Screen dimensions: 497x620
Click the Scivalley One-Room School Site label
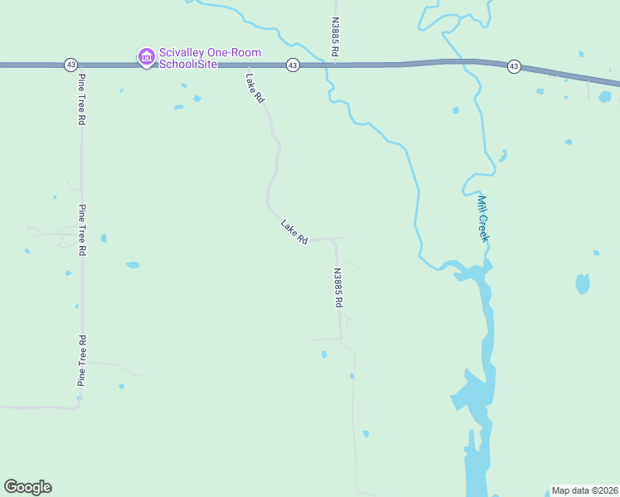210,58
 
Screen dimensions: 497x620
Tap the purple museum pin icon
146,57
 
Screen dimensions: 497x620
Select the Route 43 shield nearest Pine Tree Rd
71,65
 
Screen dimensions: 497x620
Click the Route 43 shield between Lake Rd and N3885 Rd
293,65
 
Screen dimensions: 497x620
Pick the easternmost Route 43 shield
514,66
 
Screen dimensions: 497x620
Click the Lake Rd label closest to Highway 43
254,89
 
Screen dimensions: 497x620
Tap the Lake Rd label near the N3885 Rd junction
294,231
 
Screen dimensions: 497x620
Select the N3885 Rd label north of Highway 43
335,37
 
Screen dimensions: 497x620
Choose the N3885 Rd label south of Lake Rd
338,287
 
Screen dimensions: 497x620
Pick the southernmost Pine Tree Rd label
82,360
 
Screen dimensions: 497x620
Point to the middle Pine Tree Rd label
82,229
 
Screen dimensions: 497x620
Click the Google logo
27,487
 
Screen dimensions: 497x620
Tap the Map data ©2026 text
584,490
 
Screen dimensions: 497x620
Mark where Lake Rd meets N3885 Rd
335,239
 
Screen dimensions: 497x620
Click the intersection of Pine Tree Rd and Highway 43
81,65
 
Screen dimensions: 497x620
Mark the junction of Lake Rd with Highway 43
247,65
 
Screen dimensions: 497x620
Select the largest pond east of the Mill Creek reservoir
583,283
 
